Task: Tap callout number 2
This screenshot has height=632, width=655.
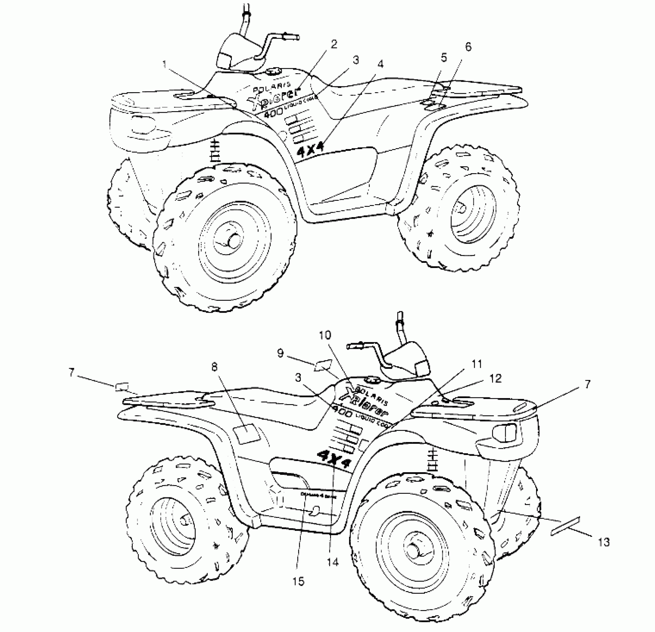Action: click(x=334, y=44)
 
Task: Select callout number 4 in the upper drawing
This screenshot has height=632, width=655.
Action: click(x=380, y=64)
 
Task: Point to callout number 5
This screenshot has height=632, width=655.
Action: click(x=443, y=58)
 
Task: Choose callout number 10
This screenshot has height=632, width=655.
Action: click(x=325, y=335)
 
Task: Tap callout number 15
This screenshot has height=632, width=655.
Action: click(x=299, y=581)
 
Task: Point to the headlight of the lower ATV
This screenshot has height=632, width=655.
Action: click(x=503, y=432)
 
